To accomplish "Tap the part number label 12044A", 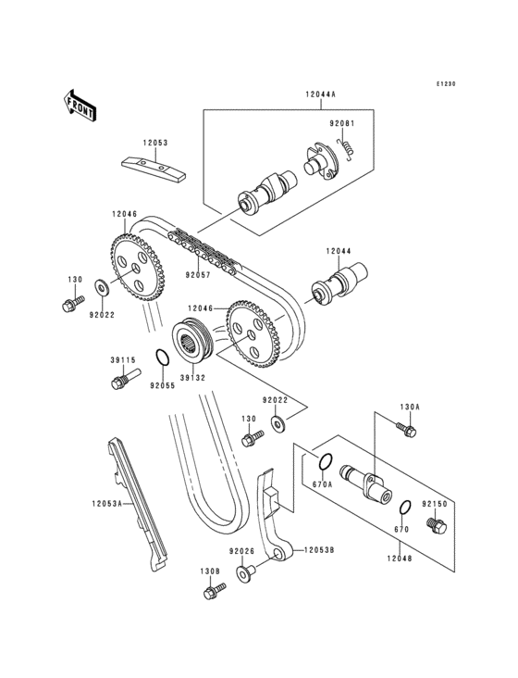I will [318, 94].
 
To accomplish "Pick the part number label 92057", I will [197, 274].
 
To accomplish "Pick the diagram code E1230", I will [448, 84].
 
